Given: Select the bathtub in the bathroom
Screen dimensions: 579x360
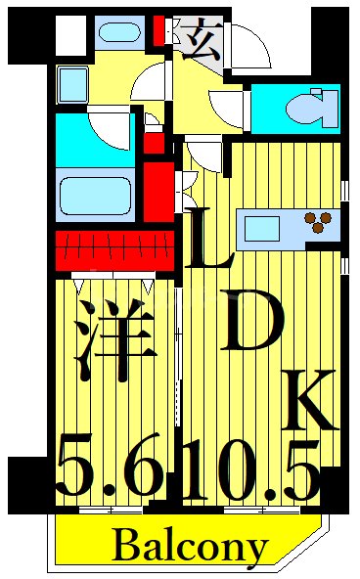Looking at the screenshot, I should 95,196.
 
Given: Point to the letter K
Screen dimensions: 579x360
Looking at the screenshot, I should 308,401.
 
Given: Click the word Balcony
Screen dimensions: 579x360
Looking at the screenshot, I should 189,547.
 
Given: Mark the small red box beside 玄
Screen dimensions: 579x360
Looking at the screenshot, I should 160,33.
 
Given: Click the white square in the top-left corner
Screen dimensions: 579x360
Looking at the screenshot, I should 69,33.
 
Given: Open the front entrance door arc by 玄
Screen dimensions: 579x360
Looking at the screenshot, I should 246,44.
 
